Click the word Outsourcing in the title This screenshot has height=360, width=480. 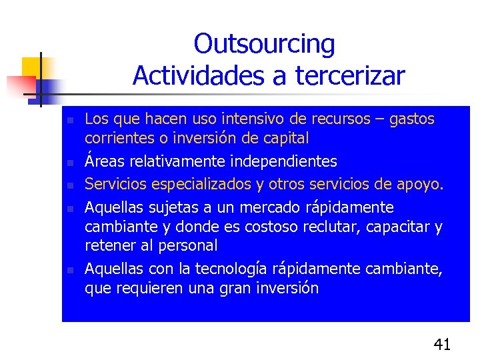click(264, 45)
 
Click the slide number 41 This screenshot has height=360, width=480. click(442, 345)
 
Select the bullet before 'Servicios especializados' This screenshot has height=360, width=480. click(69, 185)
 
